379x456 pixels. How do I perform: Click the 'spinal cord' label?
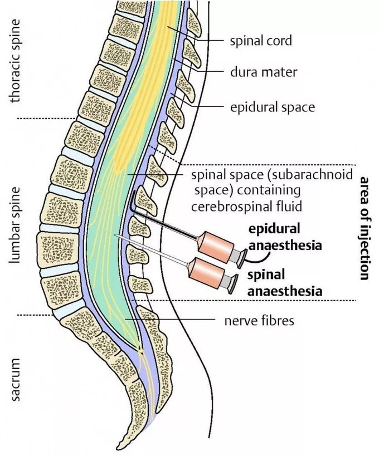(x=261, y=41)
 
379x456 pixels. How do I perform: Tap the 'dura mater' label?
(x=264, y=72)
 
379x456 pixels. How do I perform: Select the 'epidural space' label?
(x=273, y=107)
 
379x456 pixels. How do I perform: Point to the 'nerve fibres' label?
(x=259, y=321)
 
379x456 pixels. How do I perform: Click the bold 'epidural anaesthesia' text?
(x=285, y=237)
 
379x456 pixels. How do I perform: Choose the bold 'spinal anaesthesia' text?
(x=285, y=283)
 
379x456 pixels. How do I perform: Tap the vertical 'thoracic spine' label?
(x=15, y=61)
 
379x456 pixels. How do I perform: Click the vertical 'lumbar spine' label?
(x=14, y=225)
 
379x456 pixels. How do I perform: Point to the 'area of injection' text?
(x=365, y=228)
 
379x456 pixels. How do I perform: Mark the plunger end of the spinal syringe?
(x=234, y=284)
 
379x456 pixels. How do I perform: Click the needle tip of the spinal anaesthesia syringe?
(x=116, y=235)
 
